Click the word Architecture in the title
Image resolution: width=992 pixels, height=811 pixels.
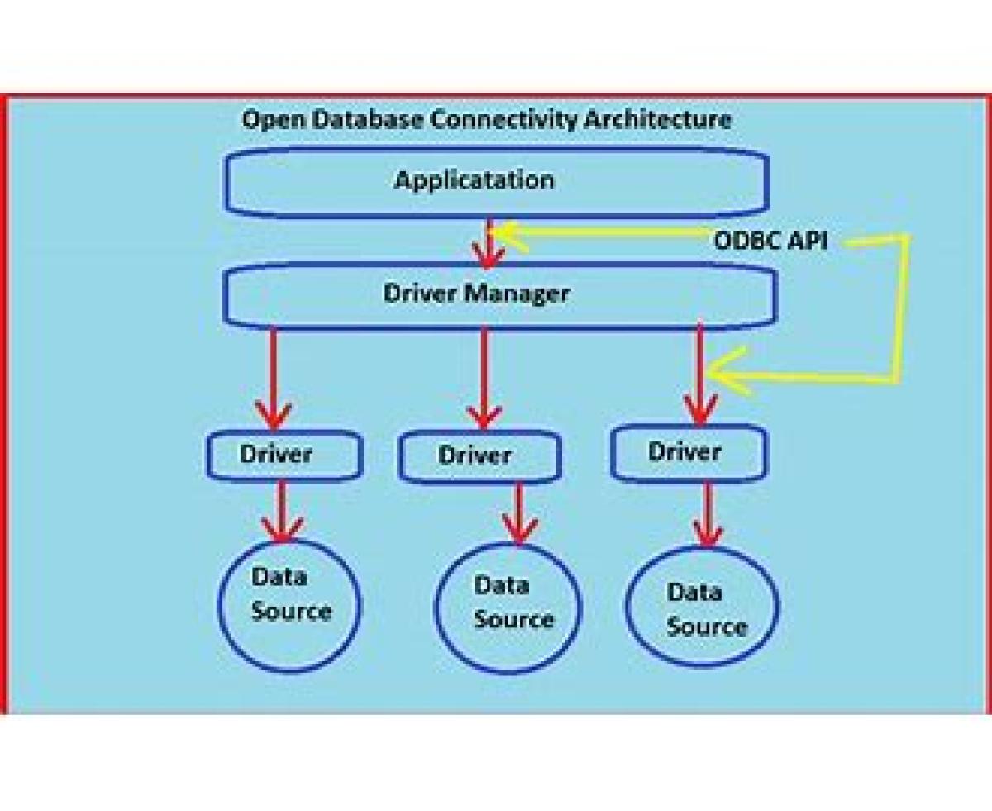tap(657, 120)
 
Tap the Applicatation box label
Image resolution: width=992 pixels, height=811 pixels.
tap(475, 181)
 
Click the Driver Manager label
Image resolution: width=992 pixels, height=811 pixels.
tap(477, 294)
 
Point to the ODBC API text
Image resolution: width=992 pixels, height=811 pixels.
tap(770, 241)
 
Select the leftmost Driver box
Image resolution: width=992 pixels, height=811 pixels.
tap(285, 456)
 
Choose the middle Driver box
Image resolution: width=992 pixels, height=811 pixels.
tap(479, 456)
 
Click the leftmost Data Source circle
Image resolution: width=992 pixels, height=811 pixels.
tap(289, 605)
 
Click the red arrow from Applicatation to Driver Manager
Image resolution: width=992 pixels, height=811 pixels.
tap(489, 244)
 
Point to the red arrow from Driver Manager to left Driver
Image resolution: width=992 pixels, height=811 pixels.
tap(274, 379)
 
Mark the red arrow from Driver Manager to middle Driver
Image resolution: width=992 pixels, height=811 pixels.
tap(484, 379)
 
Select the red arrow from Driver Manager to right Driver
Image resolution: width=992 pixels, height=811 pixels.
tap(701, 374)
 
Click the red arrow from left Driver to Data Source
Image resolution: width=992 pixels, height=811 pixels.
tap(282, 511)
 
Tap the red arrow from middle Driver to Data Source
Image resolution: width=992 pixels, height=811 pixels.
tap(519, 513)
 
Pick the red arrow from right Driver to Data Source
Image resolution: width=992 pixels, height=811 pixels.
tap(708, 515)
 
